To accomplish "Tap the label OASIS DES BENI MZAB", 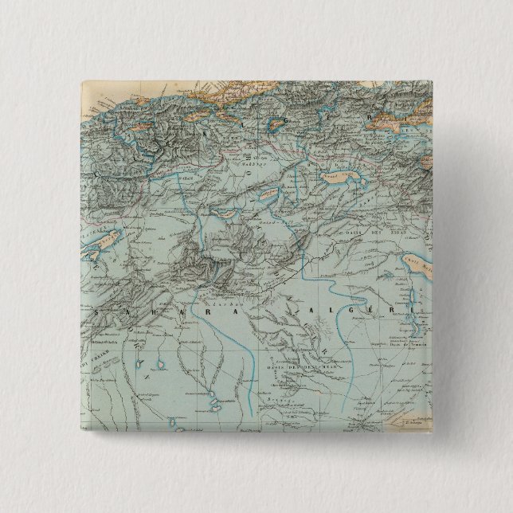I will (x=307, y=358).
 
